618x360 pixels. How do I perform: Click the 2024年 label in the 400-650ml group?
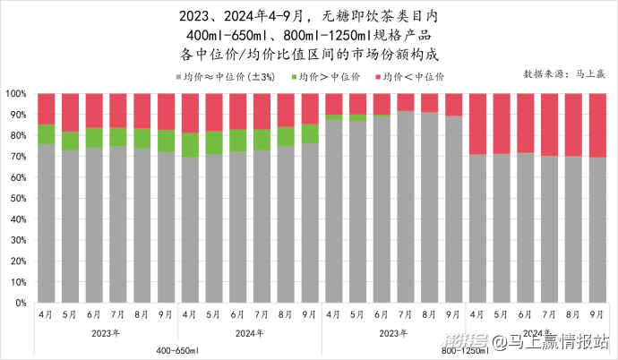(x=249, y=333)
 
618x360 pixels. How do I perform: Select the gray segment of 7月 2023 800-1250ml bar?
(x=406, y=206)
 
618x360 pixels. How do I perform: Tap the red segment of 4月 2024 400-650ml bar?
(x=190, y=113)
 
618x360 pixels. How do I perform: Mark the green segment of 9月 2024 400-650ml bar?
(x=310, y=133)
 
